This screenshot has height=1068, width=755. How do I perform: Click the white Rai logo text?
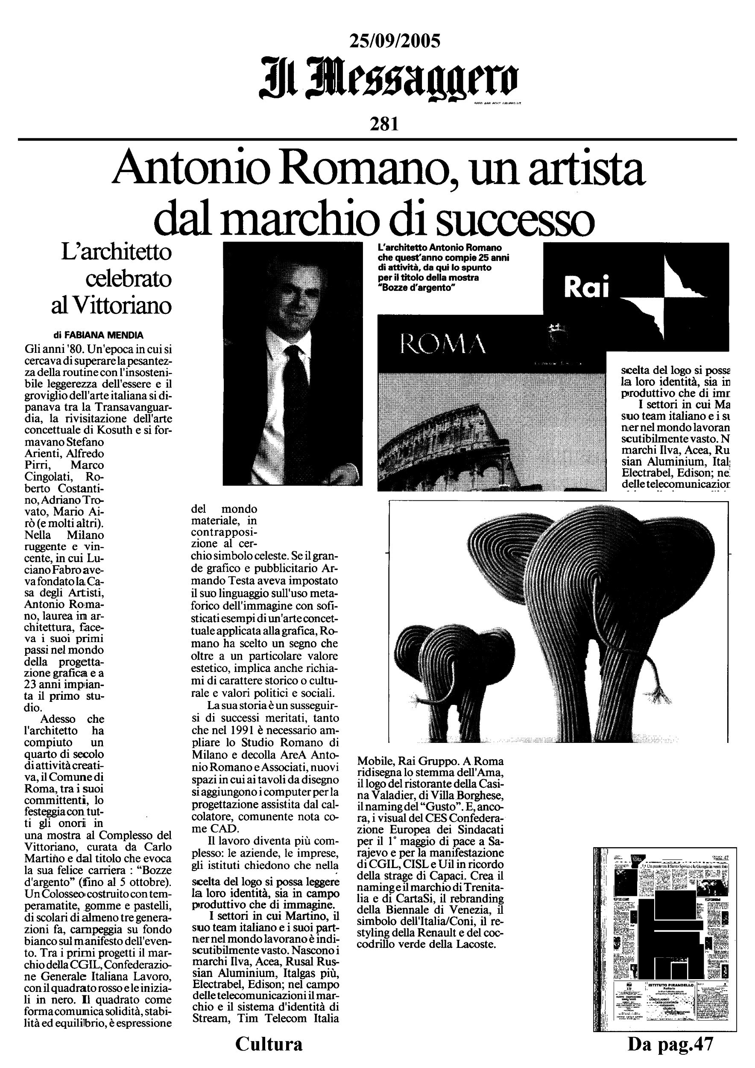586,289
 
